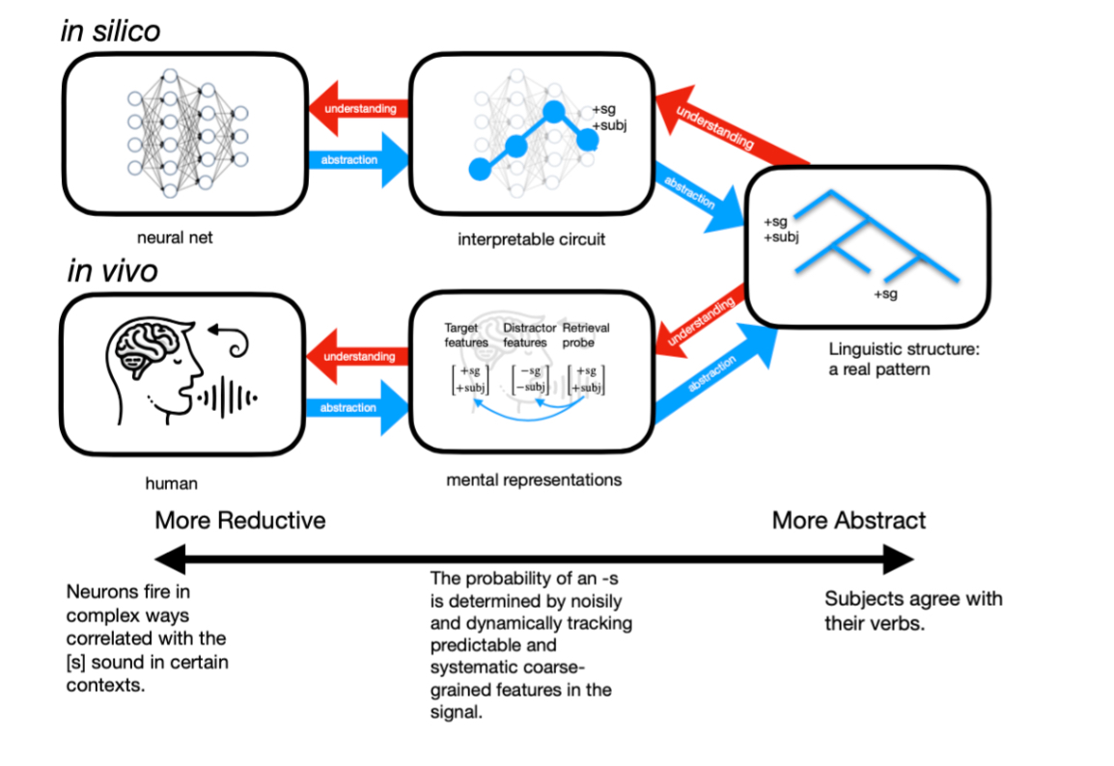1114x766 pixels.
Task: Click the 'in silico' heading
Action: coord(110,31)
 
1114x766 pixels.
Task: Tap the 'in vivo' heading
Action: coord(112,271)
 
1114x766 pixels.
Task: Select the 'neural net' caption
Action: coord(174,234)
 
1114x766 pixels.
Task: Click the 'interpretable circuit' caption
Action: coord(531,238)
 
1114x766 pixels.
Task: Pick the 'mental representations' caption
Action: coord(534,479)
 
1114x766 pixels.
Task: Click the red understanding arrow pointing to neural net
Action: coord(355,109)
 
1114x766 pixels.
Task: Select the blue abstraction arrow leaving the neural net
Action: coord(355,159)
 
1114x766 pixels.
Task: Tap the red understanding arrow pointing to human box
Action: coord(355,357)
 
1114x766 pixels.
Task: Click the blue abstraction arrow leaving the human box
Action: coord(355,407)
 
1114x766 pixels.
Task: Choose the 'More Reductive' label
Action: coord(240,521)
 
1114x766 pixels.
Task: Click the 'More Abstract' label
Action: coord(849,521)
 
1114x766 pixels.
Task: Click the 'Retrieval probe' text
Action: coord(586,335)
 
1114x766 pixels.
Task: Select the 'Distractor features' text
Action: coord(529,335)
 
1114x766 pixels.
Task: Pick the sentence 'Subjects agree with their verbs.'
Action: coord(912,610)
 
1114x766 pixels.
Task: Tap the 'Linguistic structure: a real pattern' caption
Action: coord(903,359)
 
